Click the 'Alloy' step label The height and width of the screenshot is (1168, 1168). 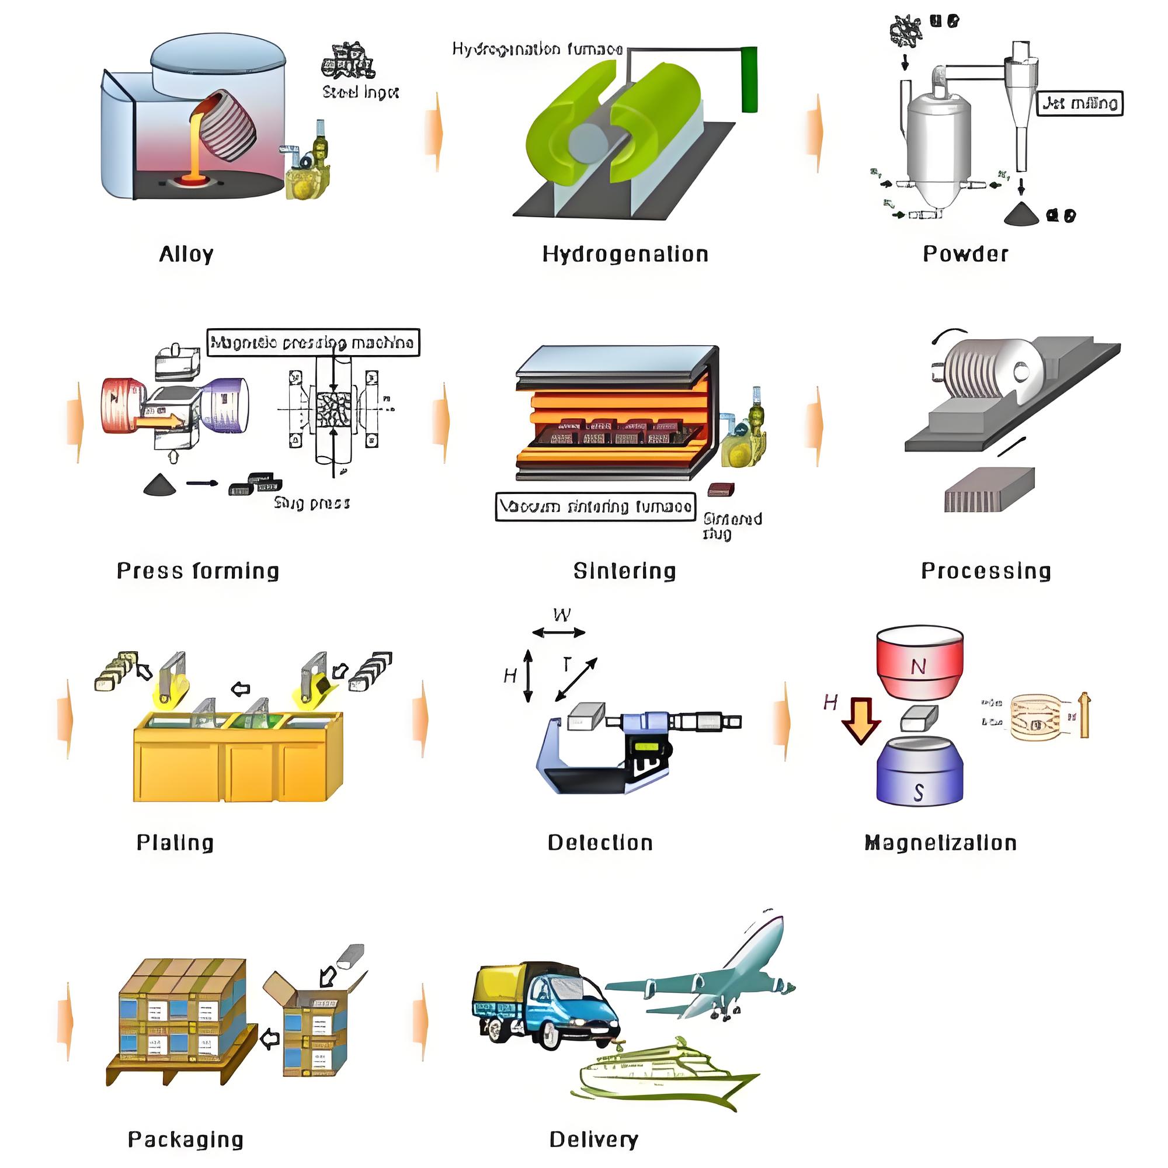(x=186, y=254)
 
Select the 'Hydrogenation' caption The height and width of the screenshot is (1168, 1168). (x=625, y=254)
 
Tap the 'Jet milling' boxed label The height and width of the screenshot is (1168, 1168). (x=1080, y=103)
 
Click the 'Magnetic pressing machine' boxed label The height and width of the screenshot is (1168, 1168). (x=312, y=343)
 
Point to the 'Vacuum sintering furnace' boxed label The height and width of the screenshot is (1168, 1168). (x=596, y=506)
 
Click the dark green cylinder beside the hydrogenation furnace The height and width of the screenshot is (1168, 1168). (x=749, y=79)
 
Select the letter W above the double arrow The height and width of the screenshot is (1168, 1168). (x=562, y=616)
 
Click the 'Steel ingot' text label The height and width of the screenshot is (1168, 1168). (x=360, y=92)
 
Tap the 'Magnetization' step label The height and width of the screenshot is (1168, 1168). (x=941, y=843)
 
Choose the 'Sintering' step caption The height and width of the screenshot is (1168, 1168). (x=624, y=571)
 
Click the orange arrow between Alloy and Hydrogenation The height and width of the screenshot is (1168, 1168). (x=434, y=132)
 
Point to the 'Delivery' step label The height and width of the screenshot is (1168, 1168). (x=594, y=1139)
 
